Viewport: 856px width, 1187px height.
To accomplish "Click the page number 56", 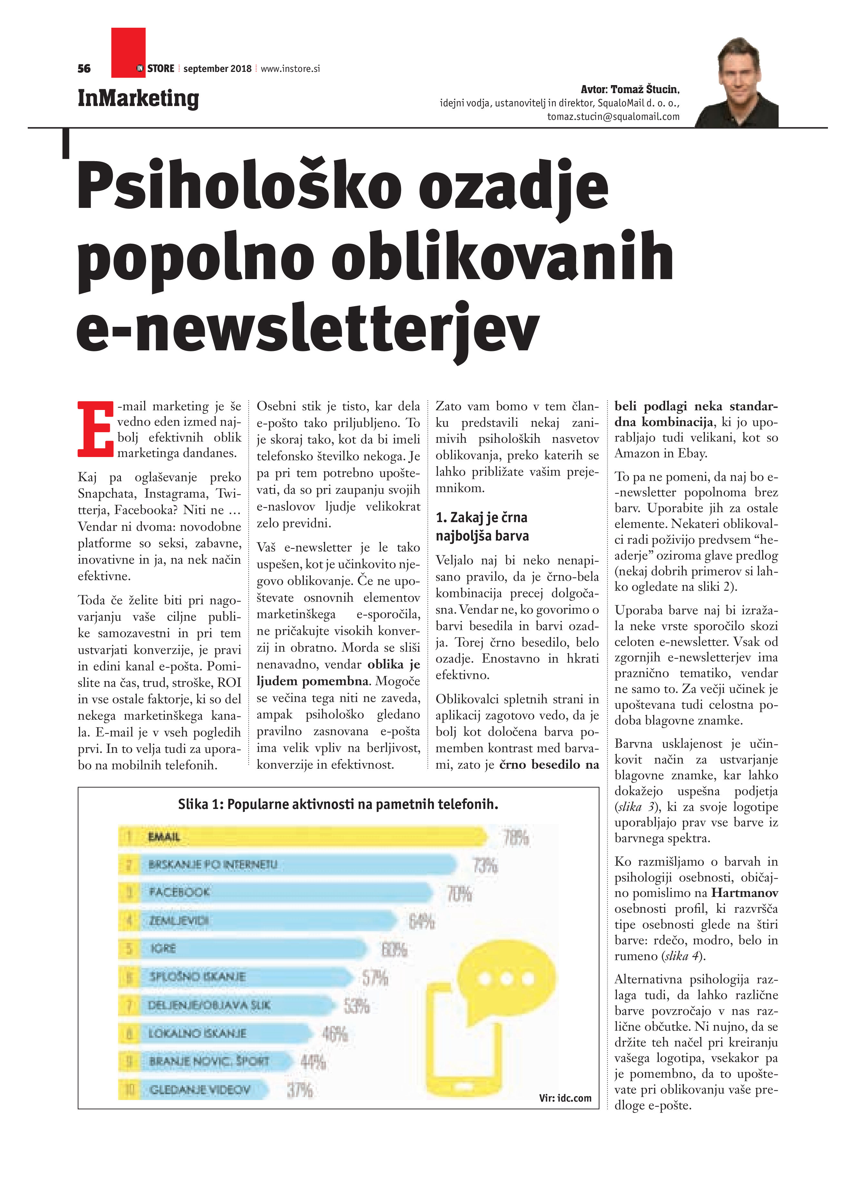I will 84,69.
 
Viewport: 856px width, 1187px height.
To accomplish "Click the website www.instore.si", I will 290,69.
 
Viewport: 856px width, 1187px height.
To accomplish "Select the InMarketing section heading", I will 138,98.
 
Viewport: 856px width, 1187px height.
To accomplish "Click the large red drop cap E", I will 95,429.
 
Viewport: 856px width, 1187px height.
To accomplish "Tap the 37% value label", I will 300,1091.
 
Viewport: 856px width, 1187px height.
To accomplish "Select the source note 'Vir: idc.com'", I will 565,1097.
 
